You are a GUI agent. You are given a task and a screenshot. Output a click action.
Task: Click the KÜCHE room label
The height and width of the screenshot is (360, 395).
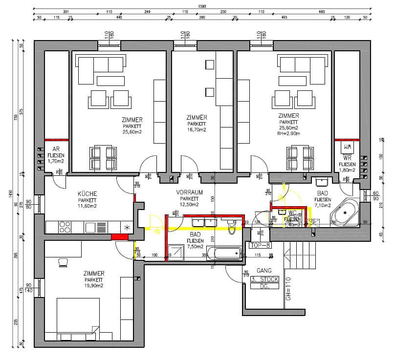(x=87, y=194)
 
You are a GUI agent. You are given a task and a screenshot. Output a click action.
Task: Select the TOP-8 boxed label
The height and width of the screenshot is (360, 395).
(x=260, y=246)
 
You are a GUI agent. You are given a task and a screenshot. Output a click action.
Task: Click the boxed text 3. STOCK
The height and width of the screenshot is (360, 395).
(x=264, y=279)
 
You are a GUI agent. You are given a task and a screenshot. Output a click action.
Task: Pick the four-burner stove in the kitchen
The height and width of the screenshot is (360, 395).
(x=65, y=227)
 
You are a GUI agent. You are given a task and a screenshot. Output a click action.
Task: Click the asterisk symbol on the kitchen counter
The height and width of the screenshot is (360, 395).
(x=127, y=228)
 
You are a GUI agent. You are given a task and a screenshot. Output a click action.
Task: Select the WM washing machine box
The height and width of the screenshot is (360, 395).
(x=347, y=147)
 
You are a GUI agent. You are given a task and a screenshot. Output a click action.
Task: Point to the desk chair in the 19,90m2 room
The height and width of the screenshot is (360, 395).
(x=63, y=263)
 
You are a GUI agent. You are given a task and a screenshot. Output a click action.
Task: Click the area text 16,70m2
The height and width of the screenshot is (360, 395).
(x=197, y=130)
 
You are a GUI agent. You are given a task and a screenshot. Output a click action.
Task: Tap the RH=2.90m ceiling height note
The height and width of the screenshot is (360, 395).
(x=288, y=133)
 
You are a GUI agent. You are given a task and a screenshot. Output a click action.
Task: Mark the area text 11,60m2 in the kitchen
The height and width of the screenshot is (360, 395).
(x=87, y=207)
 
